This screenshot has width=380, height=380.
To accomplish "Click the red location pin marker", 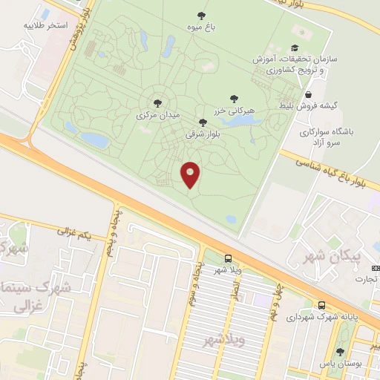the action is pyautogui.click(x=191, y=174).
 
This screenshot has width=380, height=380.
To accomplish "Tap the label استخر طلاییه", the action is pyautogui.click(x=68, y=25).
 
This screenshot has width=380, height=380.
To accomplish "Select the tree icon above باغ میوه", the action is pyautogui.click(x=200, y=15).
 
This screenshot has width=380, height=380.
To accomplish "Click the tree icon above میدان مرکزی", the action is pyautogui.click(x=157, y=103).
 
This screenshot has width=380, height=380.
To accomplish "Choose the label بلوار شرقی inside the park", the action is pyautogui.click(x=203, y=134).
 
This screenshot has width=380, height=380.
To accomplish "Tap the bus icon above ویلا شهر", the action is pyautogui.click(x=228, y=258).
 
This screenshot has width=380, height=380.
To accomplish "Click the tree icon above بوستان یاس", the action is pyautogui.click(x=340, y=352).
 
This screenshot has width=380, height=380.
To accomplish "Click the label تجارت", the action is pyautogui.click(x=365, y=279).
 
